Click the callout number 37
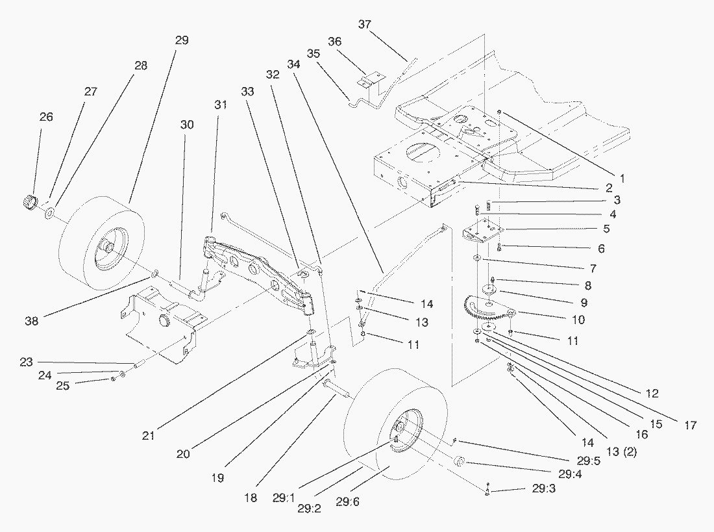click(x=364, y=24)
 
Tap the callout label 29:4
click(x=570, y=474)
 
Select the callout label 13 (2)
click(x=622, y=451)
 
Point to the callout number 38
click(x=31, y=321)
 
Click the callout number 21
click(x=148, y=436)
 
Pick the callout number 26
click(x=46, y=117)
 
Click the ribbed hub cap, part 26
click(x=31, y=202)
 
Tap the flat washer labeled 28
click(x=49, y=212)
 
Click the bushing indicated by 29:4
click(x=459, y=462)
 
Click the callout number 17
click(x=691, y=425)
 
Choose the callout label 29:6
click(x=347, y=501)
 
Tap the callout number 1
click(x=622, y=179)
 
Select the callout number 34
click(x=293, y=64)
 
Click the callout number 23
click(x=26, y=362)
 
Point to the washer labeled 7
click(x=477, y=259)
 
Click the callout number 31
click(x=221, y=105)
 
